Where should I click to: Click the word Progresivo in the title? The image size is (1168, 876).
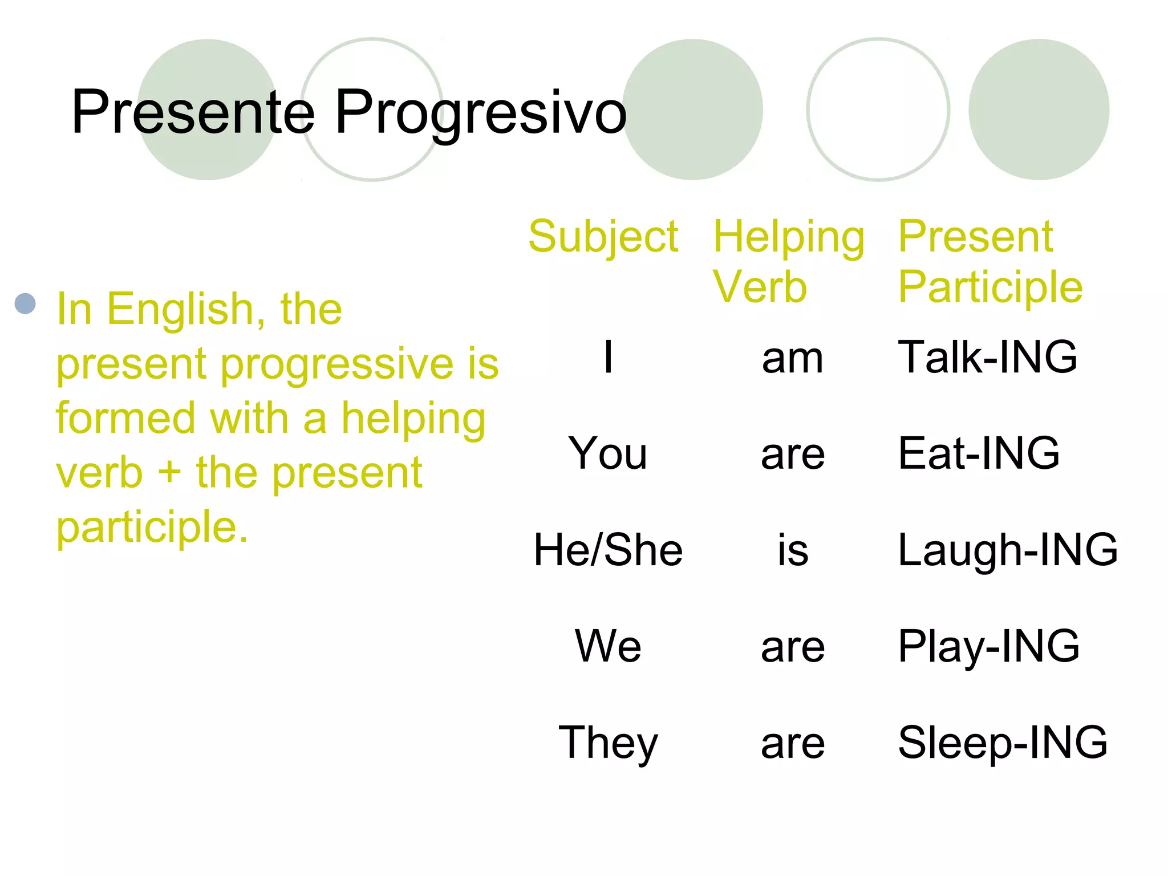[x=480, y=113]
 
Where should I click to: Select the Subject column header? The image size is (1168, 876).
[x=603, y=236]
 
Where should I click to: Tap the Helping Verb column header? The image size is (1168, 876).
[x=788, y=261]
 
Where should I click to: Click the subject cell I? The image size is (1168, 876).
[x=609, y=357]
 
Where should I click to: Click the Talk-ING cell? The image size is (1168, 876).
[x=987, y=357]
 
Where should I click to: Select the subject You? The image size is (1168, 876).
[x=608, y=453]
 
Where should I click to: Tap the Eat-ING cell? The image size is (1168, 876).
[x=979, y=453]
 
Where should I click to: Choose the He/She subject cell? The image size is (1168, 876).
[x=608, y=550]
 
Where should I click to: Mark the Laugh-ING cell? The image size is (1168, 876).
[x=1008, y=550]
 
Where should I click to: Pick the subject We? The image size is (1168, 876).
[x=608, y=646]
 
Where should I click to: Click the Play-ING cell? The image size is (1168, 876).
[x=988, y=646]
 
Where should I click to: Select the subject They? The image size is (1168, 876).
[x=608, y=743]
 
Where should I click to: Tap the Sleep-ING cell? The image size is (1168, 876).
[x=1003, y=743]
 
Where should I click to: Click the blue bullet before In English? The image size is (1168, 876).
[x=26, y=303]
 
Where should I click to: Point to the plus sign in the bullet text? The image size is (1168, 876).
[x=169, y=473]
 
